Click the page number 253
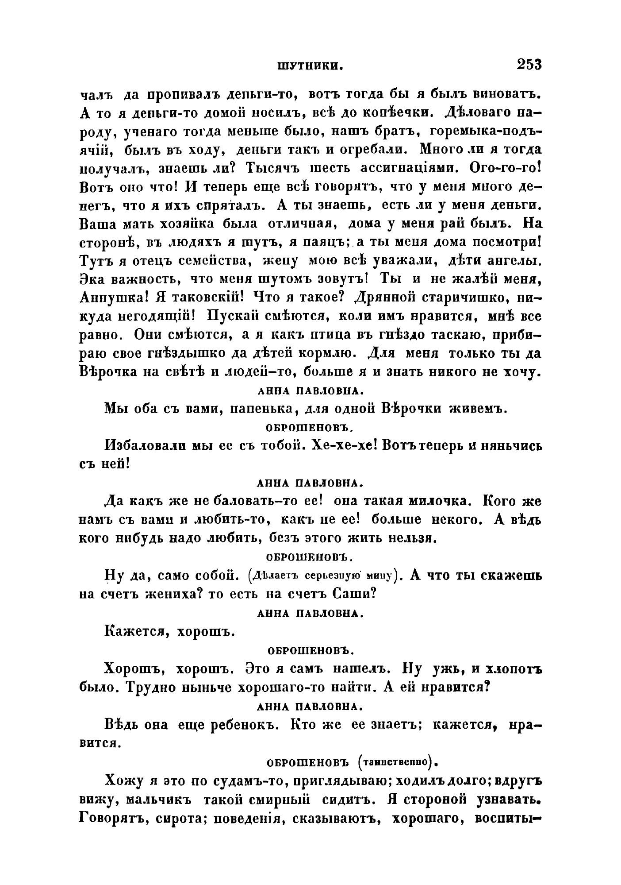pos(529,65)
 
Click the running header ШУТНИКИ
pos(311,66)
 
